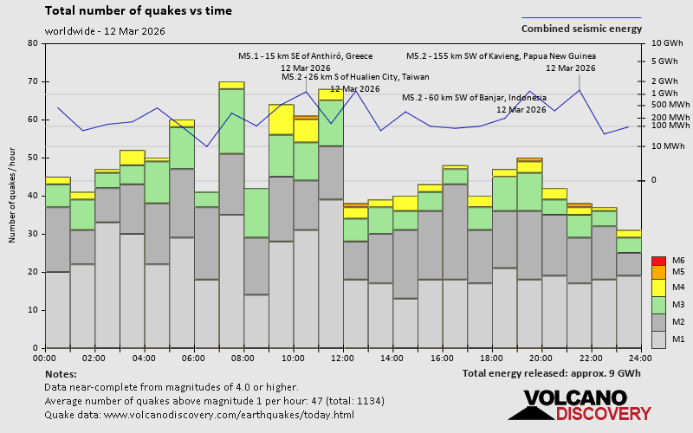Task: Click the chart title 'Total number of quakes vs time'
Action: coord(138,11)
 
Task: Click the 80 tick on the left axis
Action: coord(34,43)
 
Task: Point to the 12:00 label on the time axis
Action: coord(343,358)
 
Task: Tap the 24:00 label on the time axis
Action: coord(641,358)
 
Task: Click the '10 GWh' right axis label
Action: coord(668,43)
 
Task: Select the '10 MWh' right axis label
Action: coord(668,145)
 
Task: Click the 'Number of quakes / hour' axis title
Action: coord(13,196)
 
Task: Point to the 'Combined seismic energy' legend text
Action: coord(581,29)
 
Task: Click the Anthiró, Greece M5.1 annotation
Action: coord(305,56)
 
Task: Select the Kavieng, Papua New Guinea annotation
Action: coord(501,56)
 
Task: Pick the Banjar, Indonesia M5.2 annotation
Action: coord(474,98)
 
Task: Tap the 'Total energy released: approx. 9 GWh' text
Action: coord(552,374)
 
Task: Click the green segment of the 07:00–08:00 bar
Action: coord(231,121)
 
